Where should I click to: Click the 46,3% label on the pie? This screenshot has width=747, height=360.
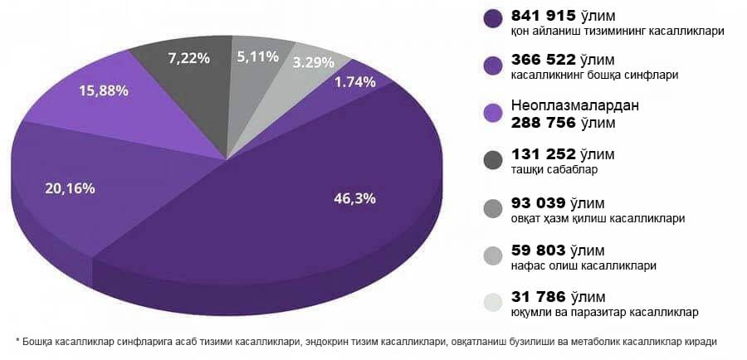(354, 198)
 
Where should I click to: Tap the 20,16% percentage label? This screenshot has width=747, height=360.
(71, 188)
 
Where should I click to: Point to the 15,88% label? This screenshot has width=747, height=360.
(103, 90)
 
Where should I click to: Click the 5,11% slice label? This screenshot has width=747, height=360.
(258, 57)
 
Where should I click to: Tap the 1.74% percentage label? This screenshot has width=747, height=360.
(355, 82)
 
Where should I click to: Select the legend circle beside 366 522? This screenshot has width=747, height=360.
(493, 67)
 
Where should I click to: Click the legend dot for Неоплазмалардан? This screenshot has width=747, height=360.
(493, 114)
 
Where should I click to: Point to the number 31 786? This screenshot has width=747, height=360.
(539, 296)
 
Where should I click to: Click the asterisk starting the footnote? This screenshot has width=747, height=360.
(17, 342)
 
